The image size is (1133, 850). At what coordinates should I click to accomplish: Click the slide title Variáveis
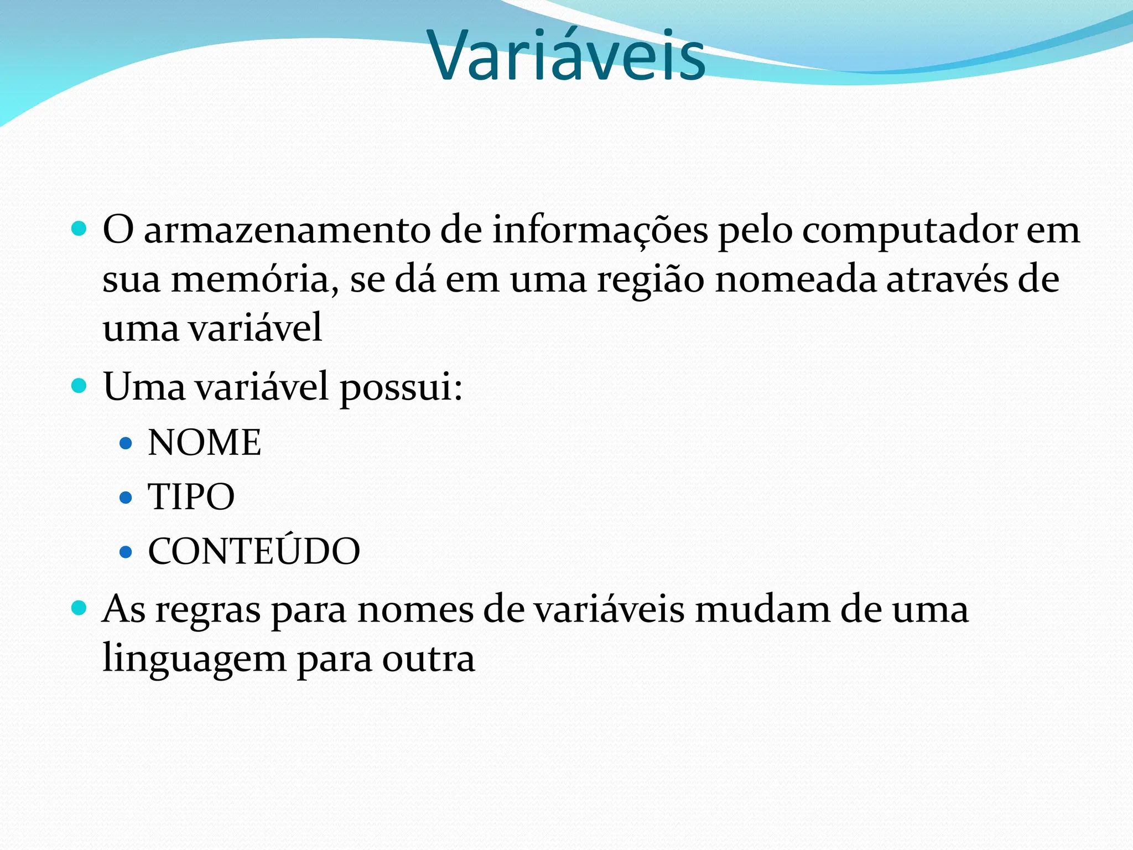566,55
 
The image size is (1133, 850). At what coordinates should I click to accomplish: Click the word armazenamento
287,230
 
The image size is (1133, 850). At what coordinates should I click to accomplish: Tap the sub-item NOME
204,443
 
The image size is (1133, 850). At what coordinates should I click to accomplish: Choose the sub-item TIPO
191,496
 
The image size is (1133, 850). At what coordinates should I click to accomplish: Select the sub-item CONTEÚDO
254,551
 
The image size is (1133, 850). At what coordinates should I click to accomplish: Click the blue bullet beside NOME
126,443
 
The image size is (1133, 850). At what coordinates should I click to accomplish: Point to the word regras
207,611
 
